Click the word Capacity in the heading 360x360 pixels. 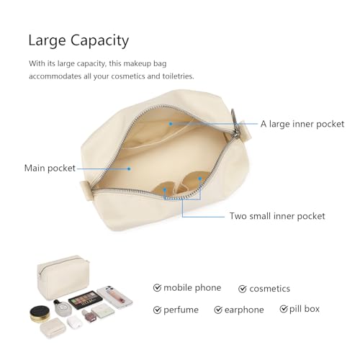tap(99, 41)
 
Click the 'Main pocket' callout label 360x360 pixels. tap(50, 168)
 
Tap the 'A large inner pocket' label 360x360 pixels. tap(302, 124)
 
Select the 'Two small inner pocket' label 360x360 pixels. tap(277, 216)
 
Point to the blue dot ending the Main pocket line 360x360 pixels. tap(129, 168)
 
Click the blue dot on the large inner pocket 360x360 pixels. tap(171, 124)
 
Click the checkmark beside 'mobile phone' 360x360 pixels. tap(157, 287)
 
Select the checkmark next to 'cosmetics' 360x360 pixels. tap(243, 289)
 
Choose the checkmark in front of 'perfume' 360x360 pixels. tap(157, 310)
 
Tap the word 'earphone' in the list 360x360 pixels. tap(244, 310)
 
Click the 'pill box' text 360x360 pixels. tap(305, 309)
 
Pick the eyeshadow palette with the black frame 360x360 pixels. tap(86, 300)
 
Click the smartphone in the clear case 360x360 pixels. tap(114, 297)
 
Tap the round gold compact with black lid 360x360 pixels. tap(40, 314)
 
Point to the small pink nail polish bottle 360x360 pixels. tap(88, 315)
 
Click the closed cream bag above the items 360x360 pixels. tap(63, 277)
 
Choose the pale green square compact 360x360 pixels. tap(103, 311)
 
